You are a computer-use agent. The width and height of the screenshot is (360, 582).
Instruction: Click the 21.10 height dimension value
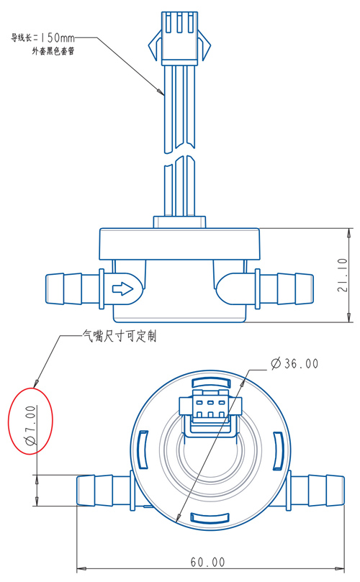(x=343, y=275)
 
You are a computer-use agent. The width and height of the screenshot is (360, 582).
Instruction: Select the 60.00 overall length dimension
(x=207, y=562)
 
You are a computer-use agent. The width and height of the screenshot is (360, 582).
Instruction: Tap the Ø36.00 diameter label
(x=294, y=363)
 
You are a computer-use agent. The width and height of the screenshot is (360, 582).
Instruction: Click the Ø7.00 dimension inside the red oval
(x=30, y=425)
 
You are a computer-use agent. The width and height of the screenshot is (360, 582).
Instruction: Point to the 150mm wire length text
(x=57, y=37)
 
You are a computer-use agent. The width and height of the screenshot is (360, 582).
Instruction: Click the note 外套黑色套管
(x=53, y=51)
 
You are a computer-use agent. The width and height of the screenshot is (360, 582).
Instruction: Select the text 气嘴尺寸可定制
(x=120, y=336)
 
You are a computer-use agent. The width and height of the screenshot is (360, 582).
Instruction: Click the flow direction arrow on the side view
(x=122, y=288)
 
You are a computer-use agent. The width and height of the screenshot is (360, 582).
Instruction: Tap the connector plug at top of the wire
(x=179, y=37)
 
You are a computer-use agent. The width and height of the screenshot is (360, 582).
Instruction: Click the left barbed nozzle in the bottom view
(x=103, y=491)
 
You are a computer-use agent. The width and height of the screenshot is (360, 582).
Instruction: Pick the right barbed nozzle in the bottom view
(x=317, y=491)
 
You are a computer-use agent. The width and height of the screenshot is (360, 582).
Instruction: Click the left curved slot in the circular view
(x=143, y=450)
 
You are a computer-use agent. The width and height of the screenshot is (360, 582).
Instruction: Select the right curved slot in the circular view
(x=278, y=450)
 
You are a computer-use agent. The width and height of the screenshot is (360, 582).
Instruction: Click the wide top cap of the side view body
(x=179, y=244)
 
